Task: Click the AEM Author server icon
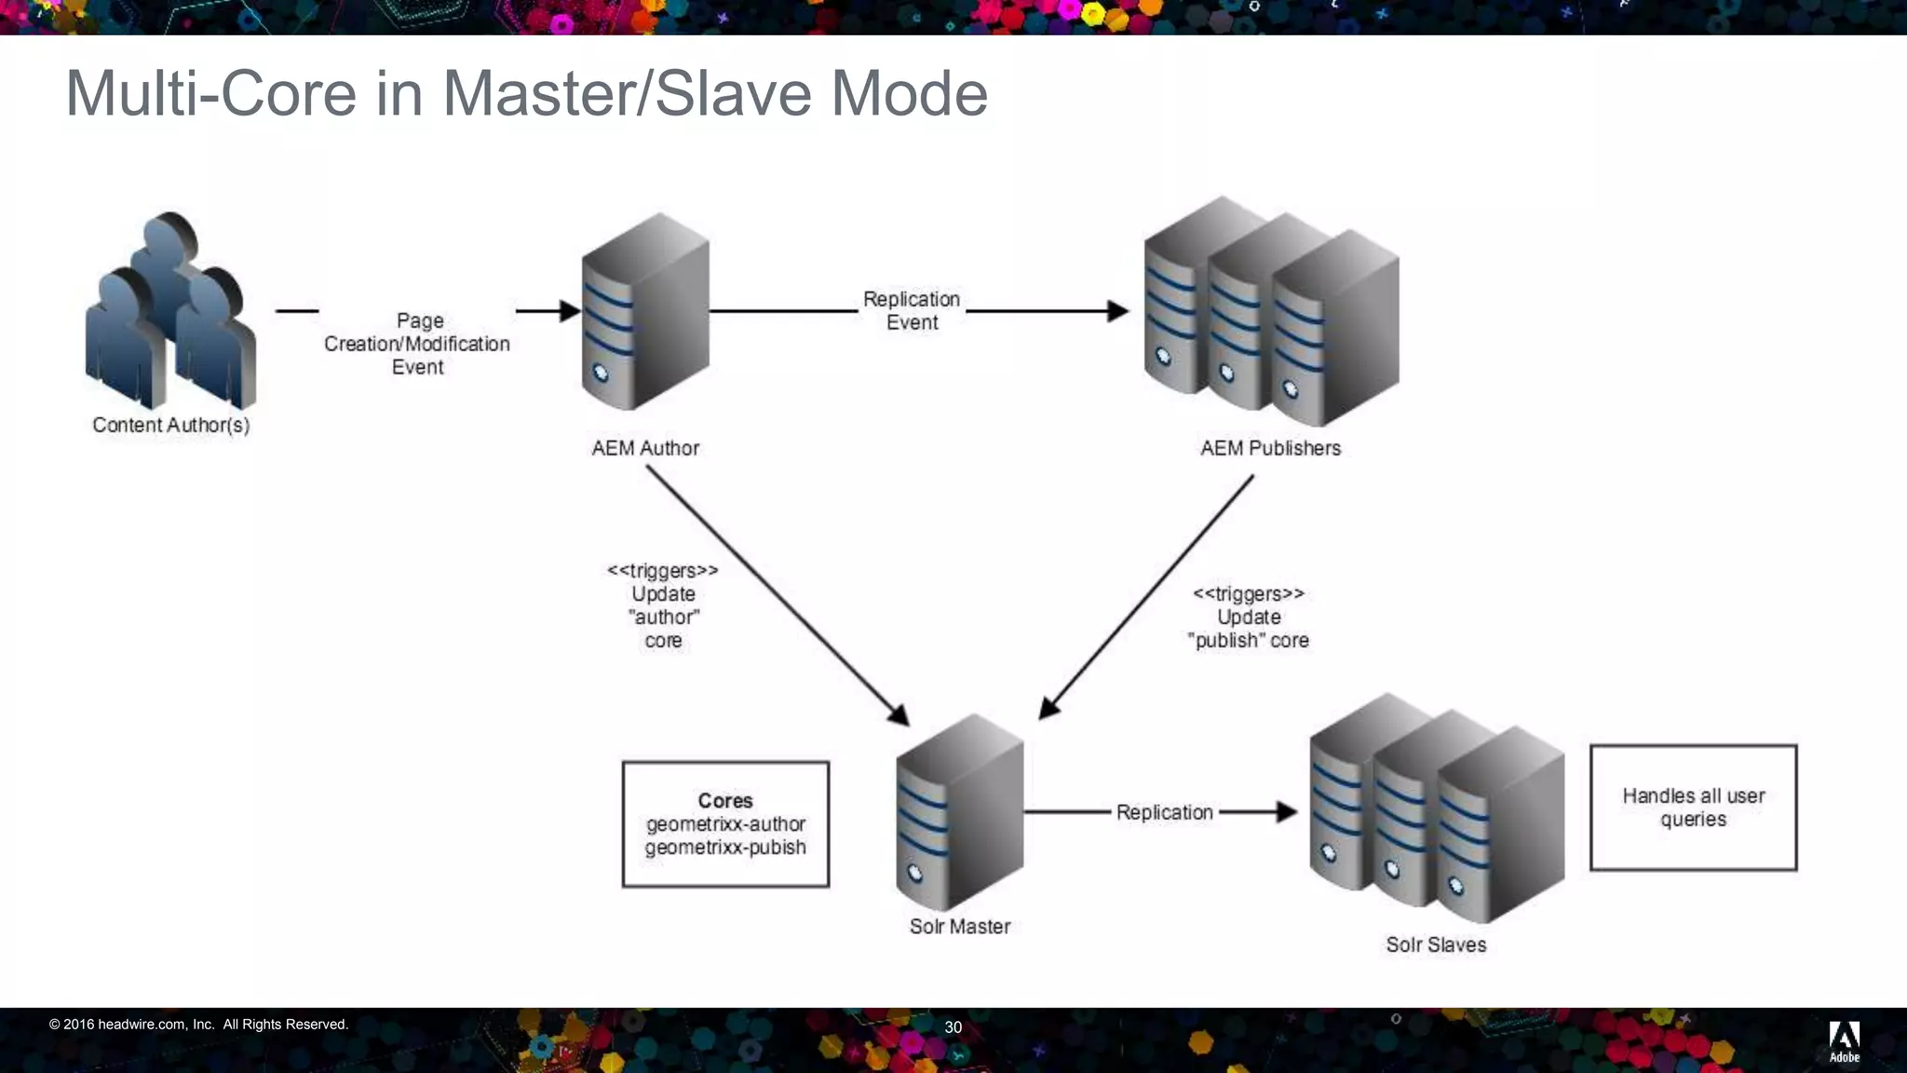pos(644,312)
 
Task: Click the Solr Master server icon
pos(959,812)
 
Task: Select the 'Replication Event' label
pos(912,311)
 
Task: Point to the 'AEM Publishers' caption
pos(1270,448)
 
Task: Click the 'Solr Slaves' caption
pos(1436,944)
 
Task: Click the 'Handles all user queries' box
pos(1693,808)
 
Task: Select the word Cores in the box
pos(724,801)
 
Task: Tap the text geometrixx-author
pos(725,824)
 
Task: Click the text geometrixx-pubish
pos(725,848)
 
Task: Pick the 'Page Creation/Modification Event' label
pos(418,344)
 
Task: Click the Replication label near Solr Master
pos(1164,812)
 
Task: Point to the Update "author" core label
pos(663,605)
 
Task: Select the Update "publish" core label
pos(1249,618)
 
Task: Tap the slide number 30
pos(953,1027)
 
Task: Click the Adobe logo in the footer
pos(1844,1040)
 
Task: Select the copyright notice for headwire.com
pos(198,1025)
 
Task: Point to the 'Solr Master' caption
pos(959,927)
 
